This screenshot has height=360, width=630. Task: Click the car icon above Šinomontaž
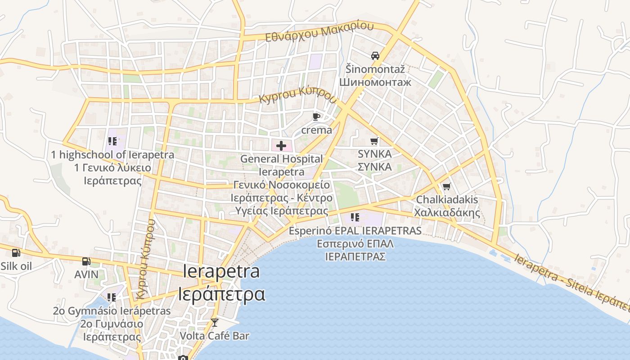coord(375,56)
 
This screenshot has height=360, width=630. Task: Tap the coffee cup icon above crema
coord(316,117)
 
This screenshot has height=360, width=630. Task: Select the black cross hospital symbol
coord(281,145)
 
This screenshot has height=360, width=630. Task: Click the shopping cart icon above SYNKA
coord(374,141)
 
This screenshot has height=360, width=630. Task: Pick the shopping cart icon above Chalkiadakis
coord(446,186)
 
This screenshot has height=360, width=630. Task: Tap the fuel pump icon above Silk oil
coord(16,253)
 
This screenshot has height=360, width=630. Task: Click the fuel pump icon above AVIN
coord(86,261)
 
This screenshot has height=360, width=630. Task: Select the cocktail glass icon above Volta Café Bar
coord(215,322)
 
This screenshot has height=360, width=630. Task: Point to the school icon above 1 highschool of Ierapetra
coord(112,141)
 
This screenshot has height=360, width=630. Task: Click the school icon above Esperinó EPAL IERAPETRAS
coord(355,217)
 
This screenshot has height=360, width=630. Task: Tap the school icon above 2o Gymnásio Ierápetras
coord(112,297)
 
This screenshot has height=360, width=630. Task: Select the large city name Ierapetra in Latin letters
coord(221,271)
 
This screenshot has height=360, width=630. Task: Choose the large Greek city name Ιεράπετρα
coord(221,294)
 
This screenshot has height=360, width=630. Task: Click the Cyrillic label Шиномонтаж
coord(375,82)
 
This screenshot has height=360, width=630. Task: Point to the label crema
coord(316,130)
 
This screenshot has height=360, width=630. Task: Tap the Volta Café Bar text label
coord(214,336)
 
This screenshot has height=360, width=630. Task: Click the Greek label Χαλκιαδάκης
coord(447,213)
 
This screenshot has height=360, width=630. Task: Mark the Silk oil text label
coord(16,266)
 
